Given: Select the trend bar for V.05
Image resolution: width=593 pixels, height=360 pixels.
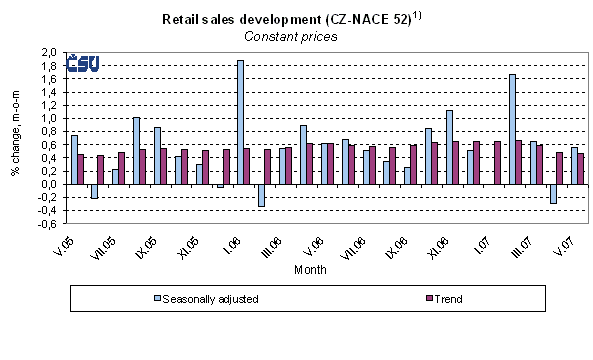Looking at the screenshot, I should [x=81, y=169].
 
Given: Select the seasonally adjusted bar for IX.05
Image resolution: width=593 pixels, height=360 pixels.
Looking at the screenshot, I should [x=136, y=150].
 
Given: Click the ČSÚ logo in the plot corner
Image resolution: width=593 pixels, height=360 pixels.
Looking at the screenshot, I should [x=82, y=64].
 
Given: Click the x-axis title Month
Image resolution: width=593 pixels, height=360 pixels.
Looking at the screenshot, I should [x=310, y=270].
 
